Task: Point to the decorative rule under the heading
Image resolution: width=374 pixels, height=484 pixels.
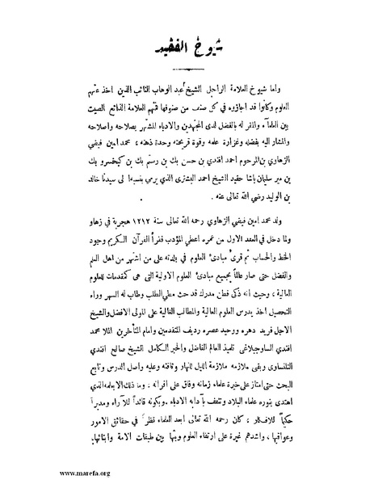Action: point(187,74)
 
